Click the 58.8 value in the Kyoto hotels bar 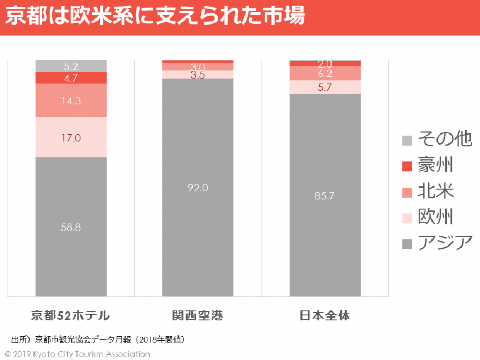(x=71, y=227)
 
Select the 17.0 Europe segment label (x=71, y=137)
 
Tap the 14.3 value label (x=71, y=101)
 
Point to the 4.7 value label (x=71, y=78)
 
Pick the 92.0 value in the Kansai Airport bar (x=198, y=188)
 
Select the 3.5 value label (x=198, y=75)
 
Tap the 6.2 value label (x=325, y=74)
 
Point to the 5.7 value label (x=325, y=87)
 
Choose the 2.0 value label (x=325, y=64)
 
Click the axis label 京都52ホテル (x=70, y=316)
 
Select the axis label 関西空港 (x=198, y=316)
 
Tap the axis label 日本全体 (x=325, y=316)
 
